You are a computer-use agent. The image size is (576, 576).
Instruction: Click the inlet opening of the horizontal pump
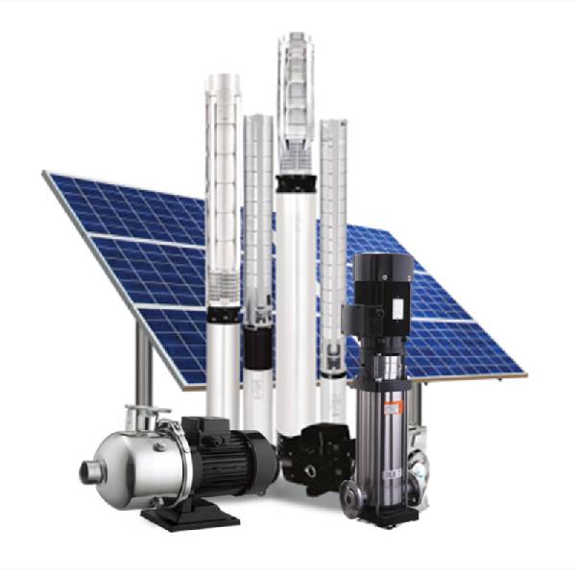pos(90,471)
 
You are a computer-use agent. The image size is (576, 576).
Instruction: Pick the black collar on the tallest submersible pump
pos(295,181)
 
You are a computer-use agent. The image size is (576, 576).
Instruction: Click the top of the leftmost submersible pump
pos(223,77)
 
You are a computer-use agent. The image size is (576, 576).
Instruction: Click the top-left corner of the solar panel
pos(45,173)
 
